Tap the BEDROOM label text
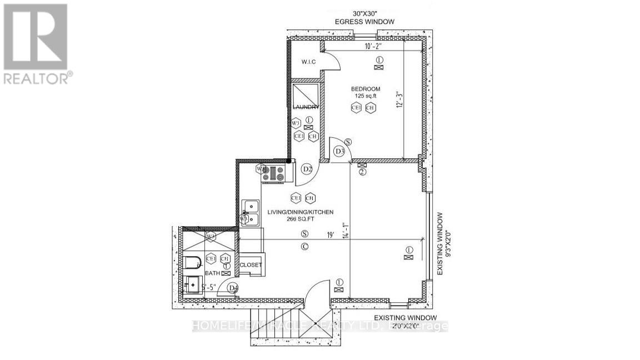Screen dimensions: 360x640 click(365, 89)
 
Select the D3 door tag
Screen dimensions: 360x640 click(339, 151)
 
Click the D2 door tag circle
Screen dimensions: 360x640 click(307, 168)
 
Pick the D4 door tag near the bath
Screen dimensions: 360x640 click(234, 288)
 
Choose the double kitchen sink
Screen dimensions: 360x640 click(251, 213)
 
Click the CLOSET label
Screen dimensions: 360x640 click(250, 265)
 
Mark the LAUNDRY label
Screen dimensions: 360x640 click(306, 107)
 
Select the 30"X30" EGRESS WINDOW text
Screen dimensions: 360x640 click(364, 17)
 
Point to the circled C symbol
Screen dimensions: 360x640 click(304, 246)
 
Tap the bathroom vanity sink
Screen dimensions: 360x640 click(192, 284)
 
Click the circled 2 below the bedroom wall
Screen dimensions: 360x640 click(362, 172)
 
